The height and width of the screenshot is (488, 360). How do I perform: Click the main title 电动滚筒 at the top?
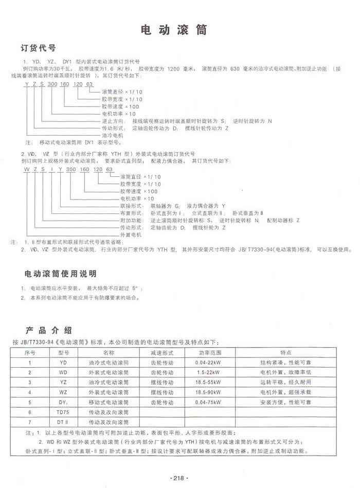coord(174,30)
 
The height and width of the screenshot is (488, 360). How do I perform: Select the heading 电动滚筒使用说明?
coord(61,273)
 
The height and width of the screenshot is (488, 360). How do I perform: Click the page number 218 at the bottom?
coord(179,478)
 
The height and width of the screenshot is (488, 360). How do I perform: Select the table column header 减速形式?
coord(161,353)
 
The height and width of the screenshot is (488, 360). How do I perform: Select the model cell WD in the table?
coord(63,372)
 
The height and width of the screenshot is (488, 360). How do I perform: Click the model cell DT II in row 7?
coord(63,422)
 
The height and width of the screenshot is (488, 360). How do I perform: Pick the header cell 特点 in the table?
coord(286,353)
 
